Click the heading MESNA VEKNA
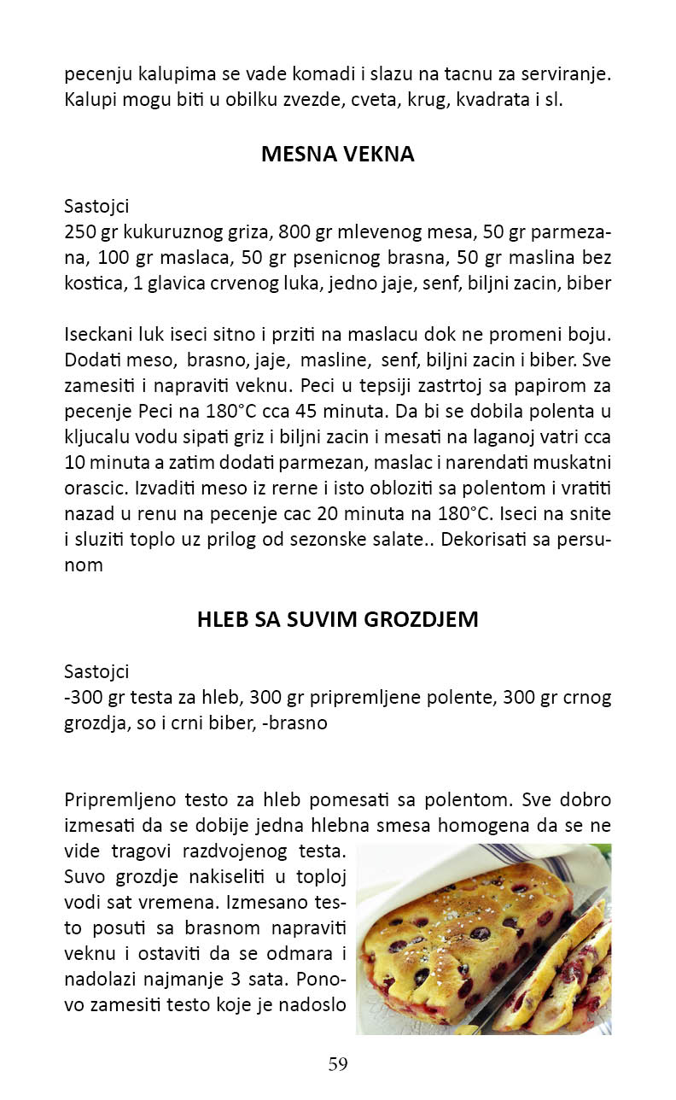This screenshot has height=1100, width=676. (337, 155)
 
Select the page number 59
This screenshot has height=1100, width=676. (338, 1064)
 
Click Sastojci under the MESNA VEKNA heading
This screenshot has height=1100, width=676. (96, 206)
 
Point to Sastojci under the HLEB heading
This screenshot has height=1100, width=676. (96, 671)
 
